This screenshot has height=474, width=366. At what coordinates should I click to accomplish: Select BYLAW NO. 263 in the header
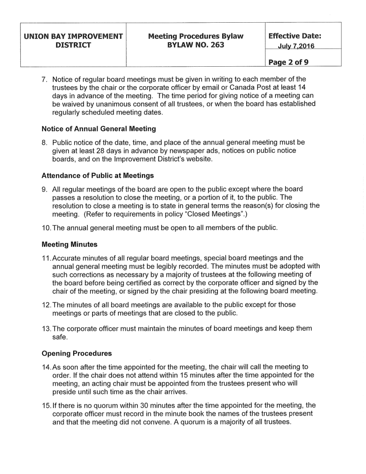[195, 45]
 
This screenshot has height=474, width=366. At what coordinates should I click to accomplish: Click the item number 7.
[45, 78]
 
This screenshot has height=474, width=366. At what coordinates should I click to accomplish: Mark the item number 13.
[47, 329]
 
